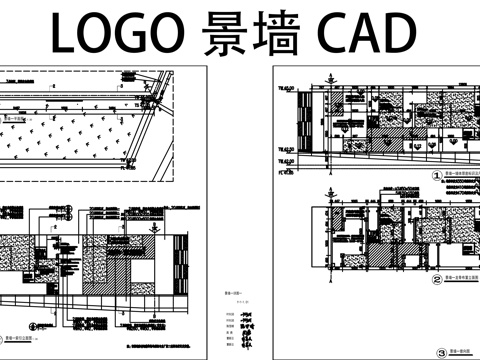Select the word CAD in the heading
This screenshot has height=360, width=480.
(x=364, y=34)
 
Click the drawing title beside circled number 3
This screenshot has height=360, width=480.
(x=461, y=351)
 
